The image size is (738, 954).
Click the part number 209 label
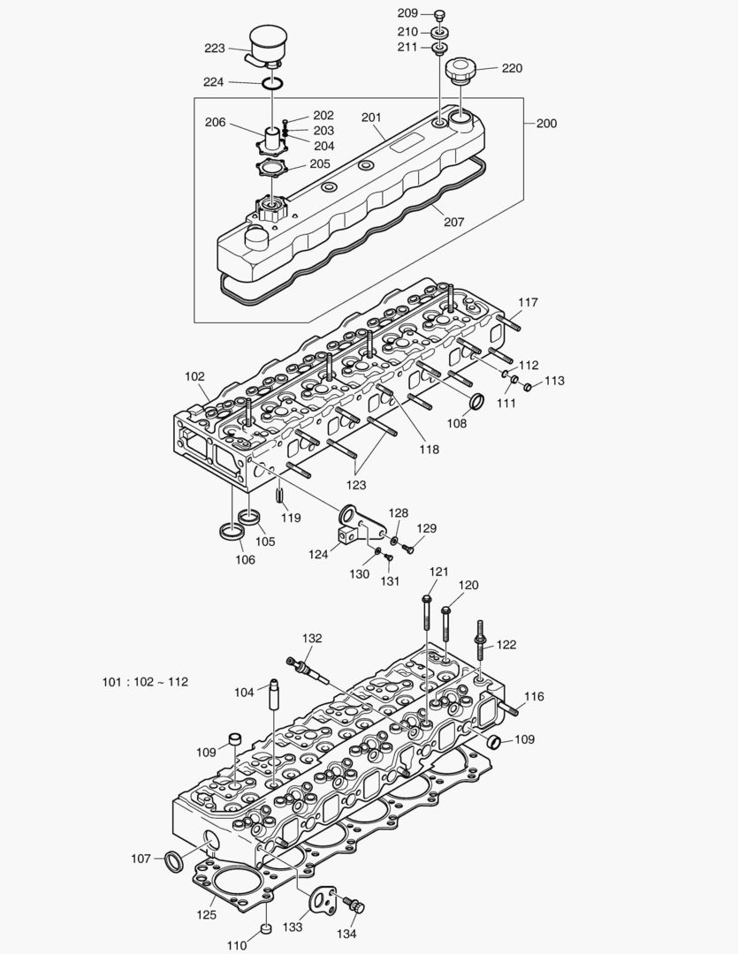click(x=407, y=13)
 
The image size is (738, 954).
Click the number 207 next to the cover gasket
click(x=453, y=222)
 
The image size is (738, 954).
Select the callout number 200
click(x=546, y=123)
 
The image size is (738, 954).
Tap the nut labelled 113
click(x=529, y=386)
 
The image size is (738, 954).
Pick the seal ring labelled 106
click(x=232, y=533)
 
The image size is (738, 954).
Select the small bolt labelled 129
click(x=407, y=549)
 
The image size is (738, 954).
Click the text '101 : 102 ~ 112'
click(x=145, y=682)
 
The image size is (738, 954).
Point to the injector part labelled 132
click(x=309, y=670)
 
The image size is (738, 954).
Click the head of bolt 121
click(x=427, y=600)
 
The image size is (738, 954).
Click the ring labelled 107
click(x=174, y=859)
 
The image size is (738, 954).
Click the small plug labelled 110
click(x=264, y=930)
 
